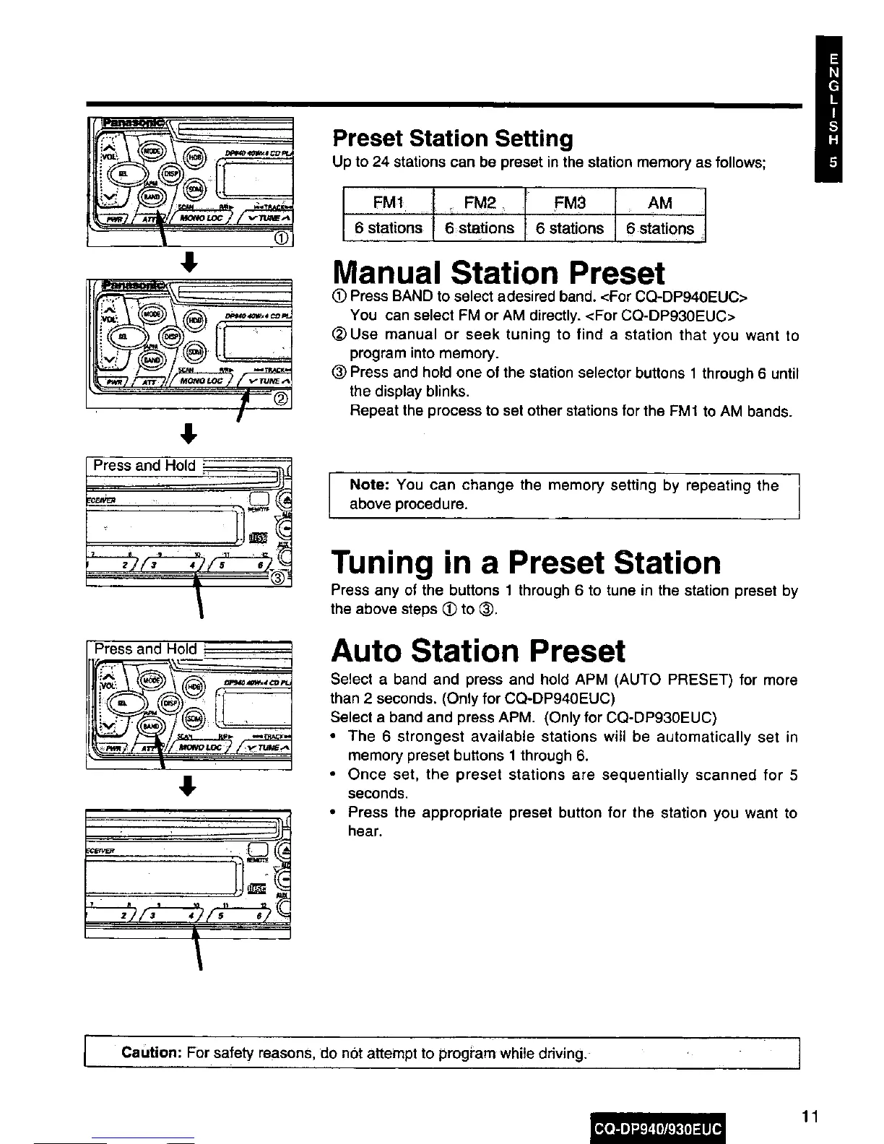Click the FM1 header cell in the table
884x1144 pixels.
[387, 202]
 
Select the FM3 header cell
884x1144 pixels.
[569, 202]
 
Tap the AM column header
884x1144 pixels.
[660, 202]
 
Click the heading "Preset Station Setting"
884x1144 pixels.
[452, 138]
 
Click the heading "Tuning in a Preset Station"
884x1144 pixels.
[526, 563]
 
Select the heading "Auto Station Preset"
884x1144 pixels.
[477, 651]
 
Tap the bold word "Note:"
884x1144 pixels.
[369, 485]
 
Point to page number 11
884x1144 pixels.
[810, 1117]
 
